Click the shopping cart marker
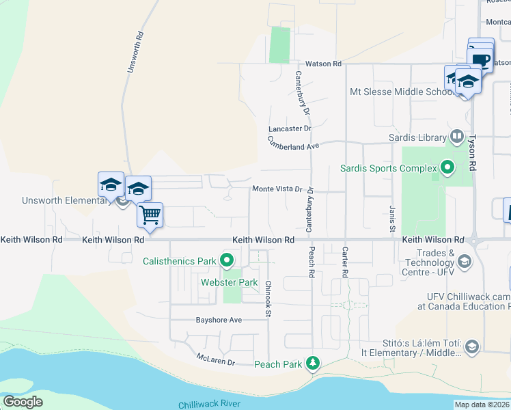tap(150, 215)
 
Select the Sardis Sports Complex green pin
tap(448, 167)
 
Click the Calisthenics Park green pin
tap(227, 260)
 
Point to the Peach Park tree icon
tap(313, 364)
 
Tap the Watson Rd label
tap(323, 64)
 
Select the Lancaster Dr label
tap(290, 128)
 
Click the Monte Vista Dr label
tap(277, 189)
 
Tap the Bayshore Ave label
tap(219, 319)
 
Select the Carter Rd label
tap(345, 262)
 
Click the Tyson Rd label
tap(471, 151)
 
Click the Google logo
tap(23, 402)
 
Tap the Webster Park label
tap(229, 282)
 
